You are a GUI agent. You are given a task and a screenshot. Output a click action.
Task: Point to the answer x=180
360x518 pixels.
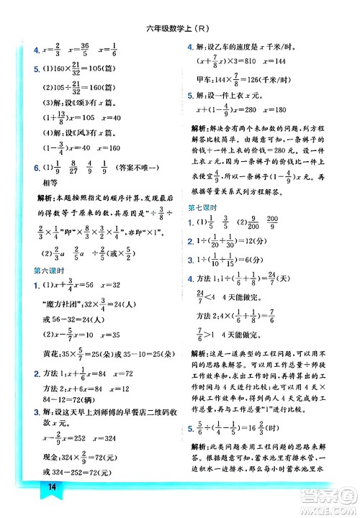(277, 110)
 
